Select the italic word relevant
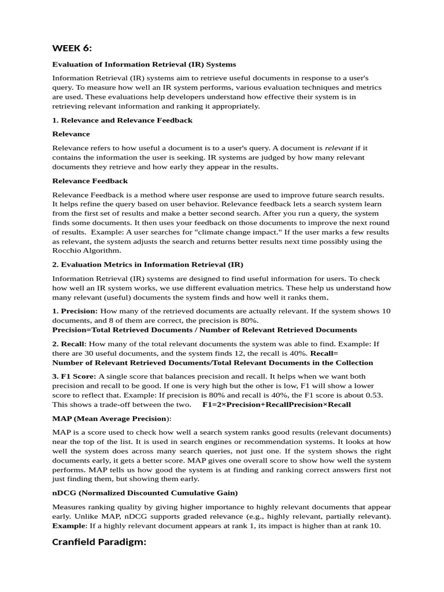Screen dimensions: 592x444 point(338,149)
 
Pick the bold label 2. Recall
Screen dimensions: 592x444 point(68,344)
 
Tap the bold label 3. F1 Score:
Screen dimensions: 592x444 point(74,376)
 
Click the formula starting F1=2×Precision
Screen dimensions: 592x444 point(276,404)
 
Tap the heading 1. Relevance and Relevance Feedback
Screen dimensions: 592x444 point(122,120)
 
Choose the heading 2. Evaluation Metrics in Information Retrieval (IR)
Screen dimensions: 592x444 point(147,264)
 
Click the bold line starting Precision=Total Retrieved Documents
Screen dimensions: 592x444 point(205,330)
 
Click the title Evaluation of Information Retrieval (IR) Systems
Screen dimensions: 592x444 point(144,64)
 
